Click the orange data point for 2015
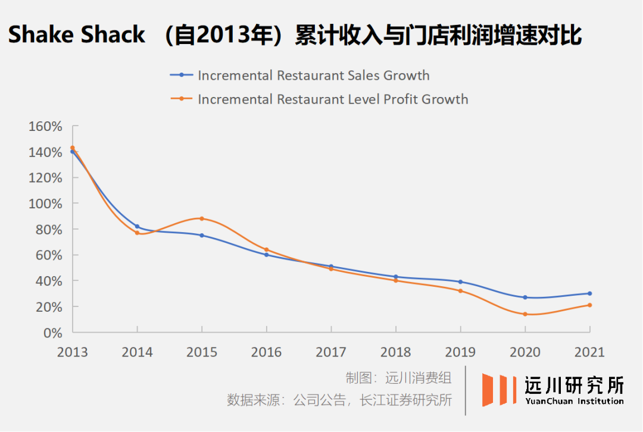click(202, 218)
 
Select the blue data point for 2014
click(137, 227)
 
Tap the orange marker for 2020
click(525, 314)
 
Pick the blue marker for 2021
click(589, 293)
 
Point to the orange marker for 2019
click(460, 291)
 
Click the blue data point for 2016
click(266, 255)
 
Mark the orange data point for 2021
click(589, 305)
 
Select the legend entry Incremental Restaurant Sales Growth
click(313, 76)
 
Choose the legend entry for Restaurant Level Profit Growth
click(333, 99)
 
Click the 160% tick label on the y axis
click(45, 126)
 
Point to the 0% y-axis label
click(52, 333)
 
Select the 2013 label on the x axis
click(72, 352)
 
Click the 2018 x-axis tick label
click(396, 352)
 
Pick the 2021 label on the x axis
click(589, 352)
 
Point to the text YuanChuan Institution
click(575, 401)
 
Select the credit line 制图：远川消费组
click(398, 377)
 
